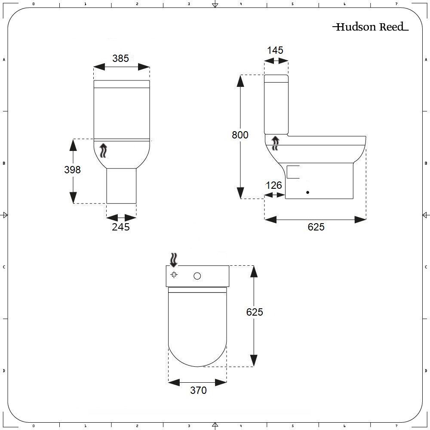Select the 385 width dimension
[x=120, y=58]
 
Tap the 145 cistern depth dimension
[x=275, y=50]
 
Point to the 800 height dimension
[x=240, y=135]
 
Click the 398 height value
[x=72, y=169]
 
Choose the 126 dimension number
[x=274, y=185]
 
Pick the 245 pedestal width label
[x=121, y=227]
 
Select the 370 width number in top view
[x=198, y=390]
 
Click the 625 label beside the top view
[x=255, y=312]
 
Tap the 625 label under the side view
[x=316, y=227]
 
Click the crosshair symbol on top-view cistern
[x=174, y=275]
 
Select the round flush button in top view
[x=197, y=276]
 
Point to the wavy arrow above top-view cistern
[x=173, y=259]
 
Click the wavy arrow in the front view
[x=103, y=151]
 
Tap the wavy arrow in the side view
[x=276, y=143]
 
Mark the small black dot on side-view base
[x=307, y=193]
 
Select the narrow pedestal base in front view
[x=121, y=186]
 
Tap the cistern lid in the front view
[x=122, y=84]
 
